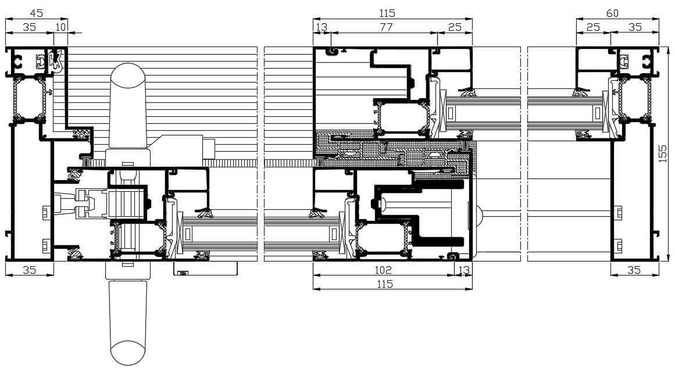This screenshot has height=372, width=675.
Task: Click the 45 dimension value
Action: click(36, 13)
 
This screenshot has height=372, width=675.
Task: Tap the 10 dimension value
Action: click(61, 27)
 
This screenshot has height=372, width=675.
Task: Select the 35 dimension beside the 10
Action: click(29, 27)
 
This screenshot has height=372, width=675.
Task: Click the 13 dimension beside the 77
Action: click(321, 27)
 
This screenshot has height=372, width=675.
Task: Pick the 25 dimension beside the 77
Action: click(455, 27)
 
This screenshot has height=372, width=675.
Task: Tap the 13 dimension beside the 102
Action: click(463, 270)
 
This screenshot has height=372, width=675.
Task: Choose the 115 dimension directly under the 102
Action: click(385, 284)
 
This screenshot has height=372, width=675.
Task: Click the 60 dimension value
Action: click(612, 13)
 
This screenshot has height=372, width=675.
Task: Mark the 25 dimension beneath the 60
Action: click(593, 27)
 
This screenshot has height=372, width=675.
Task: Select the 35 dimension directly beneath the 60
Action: click(635, 27)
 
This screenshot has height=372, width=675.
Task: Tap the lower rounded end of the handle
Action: click(127, 352)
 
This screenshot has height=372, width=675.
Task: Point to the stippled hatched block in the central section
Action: click(395, 150)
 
